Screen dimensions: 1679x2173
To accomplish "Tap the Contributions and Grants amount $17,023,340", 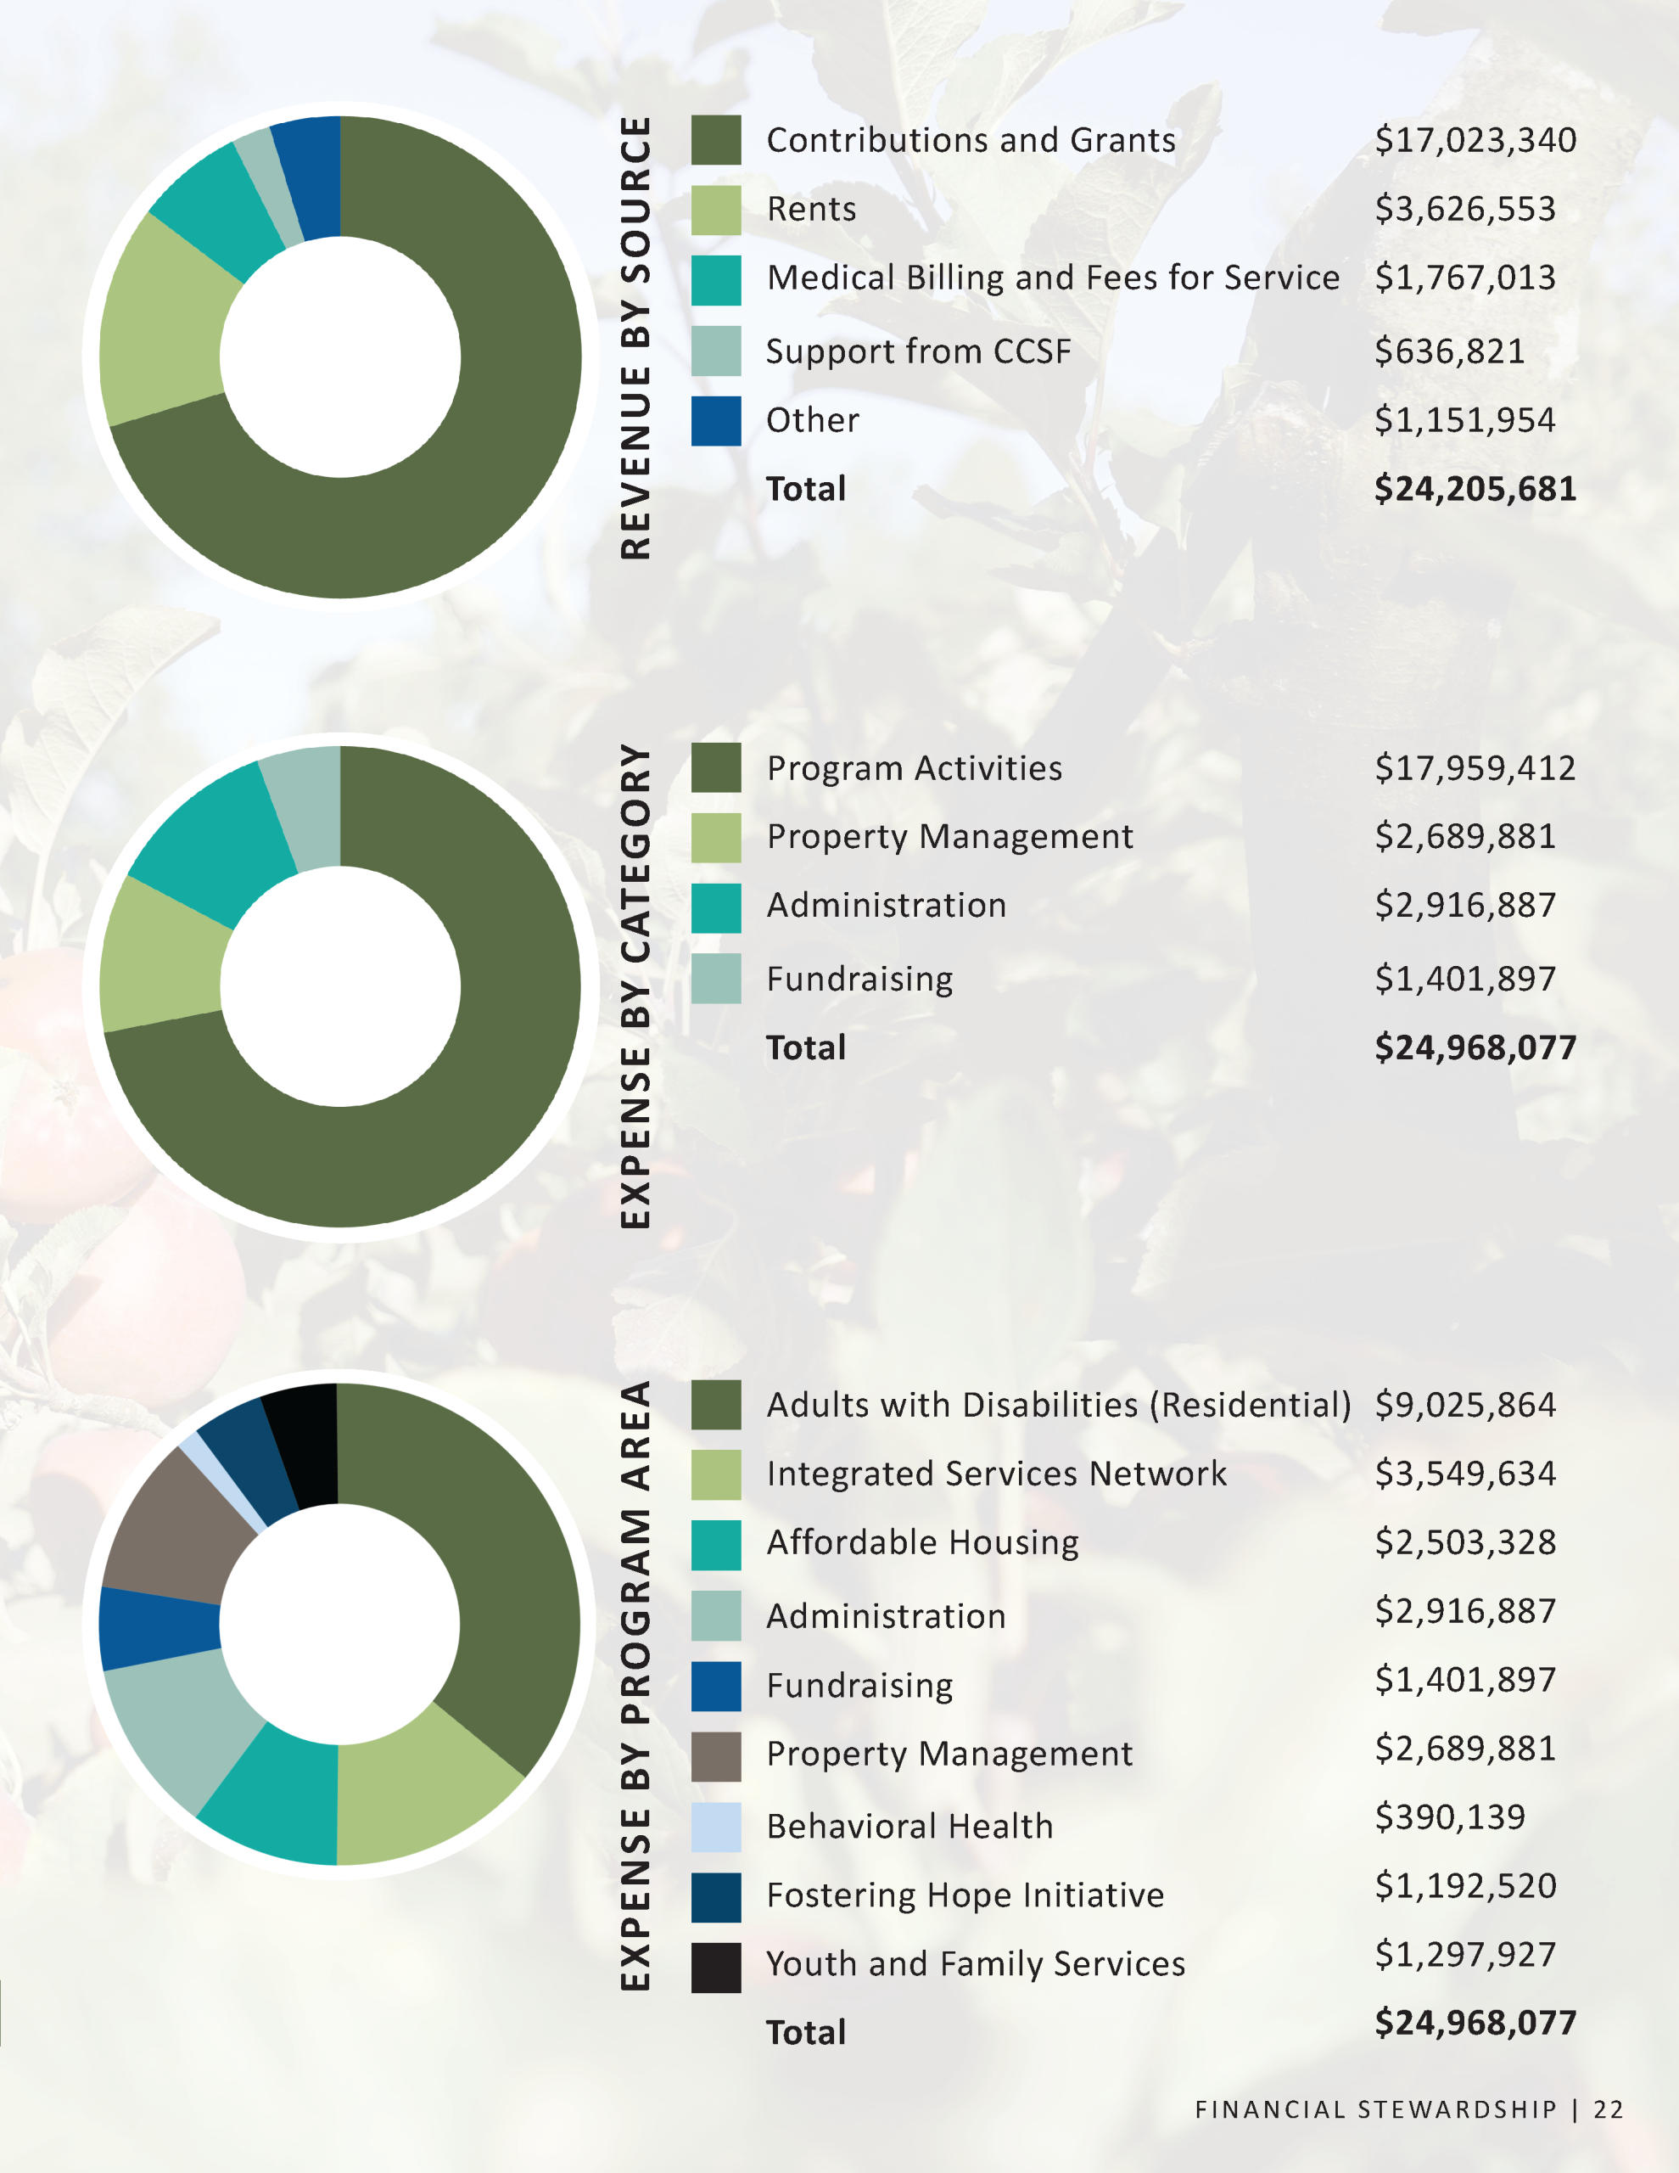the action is point(1475,140).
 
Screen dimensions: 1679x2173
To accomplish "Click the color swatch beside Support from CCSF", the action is point(716,351).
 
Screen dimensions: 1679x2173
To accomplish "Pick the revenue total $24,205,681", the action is point(1475,490).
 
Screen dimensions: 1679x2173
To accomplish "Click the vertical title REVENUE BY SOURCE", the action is point(635,339).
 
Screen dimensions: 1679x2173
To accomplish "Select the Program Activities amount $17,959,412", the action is point(1475,768).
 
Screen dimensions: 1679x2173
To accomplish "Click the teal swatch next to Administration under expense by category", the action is point(716,908).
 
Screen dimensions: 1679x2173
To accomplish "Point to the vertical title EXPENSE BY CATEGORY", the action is point(635,986).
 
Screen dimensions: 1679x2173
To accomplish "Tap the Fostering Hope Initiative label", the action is point(965,1895).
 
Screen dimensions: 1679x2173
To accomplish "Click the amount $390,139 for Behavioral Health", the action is point(1449,1816).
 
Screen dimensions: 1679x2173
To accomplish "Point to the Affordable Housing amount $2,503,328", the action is point(1465,1542).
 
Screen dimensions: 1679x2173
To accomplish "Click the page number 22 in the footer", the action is point(1609,2109).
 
